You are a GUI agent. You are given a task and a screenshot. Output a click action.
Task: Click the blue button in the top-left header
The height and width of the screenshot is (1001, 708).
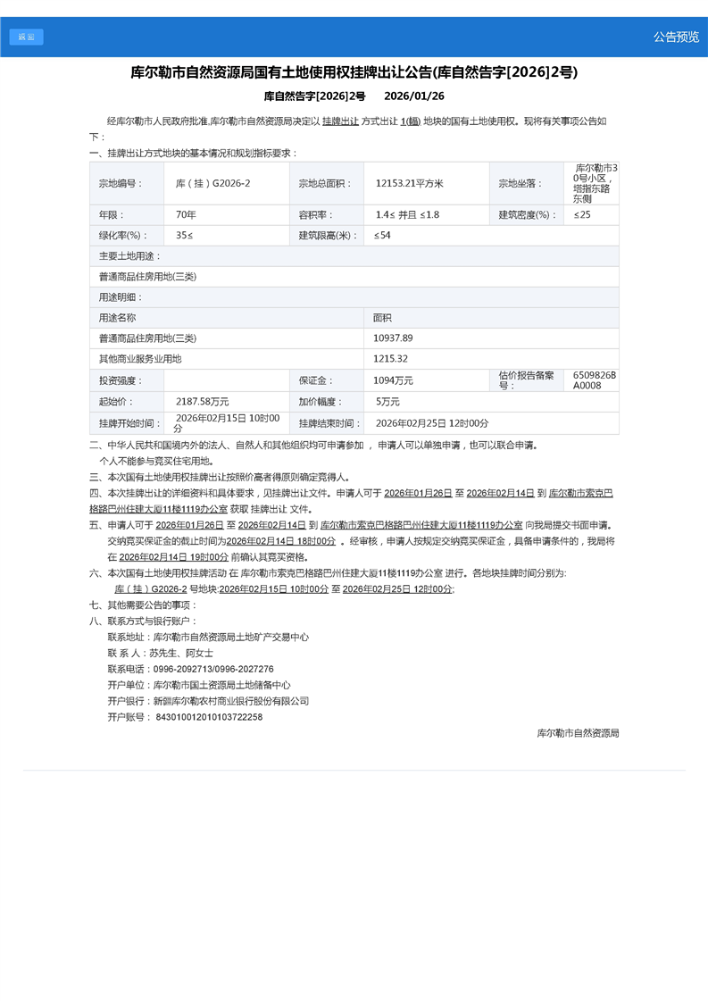coord(26,37)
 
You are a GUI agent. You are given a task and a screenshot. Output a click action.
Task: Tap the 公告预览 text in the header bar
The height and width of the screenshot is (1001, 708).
coord(676,37)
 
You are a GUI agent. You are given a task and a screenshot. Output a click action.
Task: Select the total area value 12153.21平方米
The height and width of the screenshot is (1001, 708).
coord(409,183)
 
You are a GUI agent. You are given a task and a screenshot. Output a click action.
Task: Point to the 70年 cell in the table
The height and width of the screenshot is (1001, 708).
coord(186,215)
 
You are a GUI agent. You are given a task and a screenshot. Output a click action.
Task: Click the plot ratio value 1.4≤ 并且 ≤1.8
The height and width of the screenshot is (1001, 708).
coord(407,215)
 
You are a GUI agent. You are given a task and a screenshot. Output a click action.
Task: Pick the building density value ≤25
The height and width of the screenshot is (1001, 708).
coord(582,215)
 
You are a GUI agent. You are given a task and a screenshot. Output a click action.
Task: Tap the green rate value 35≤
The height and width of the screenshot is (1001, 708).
coord(184,236)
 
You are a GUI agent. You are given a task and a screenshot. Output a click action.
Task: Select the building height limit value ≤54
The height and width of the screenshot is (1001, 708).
coord(382,236)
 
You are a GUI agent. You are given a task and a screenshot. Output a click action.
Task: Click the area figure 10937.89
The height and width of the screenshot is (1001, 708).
coord(393,338)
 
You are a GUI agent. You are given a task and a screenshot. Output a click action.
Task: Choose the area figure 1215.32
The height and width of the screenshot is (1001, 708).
coord(390,359)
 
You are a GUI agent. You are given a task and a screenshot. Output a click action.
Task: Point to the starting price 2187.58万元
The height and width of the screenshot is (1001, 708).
coord(202,402)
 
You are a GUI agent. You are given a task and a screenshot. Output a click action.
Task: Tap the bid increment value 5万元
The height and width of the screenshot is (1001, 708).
coord(387,402)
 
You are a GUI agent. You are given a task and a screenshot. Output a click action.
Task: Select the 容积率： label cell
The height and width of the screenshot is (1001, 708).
coord(316,215)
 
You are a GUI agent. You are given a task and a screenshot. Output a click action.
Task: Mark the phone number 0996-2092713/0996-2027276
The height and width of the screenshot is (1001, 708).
coord(213,669)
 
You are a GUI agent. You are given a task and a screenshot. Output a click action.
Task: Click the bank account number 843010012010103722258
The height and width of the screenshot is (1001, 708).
coord(209,717)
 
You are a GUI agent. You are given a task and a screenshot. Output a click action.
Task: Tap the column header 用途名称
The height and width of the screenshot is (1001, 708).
coord(118,318)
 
